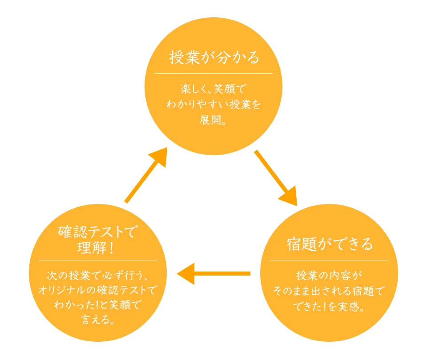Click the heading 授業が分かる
(213, 58)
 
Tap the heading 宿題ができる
(329, 244)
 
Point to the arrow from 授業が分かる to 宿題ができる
(275, 177)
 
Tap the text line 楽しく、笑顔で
(213, 89)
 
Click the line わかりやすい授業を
(213, 105)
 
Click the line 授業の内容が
(329, 276)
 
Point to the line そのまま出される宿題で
(329, 291)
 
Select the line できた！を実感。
(329, 307)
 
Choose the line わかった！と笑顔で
(98, 305)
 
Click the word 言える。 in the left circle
(98, 320)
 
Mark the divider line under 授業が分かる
(213, 73)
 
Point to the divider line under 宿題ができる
(329, 260)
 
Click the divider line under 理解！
(98, 260)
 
